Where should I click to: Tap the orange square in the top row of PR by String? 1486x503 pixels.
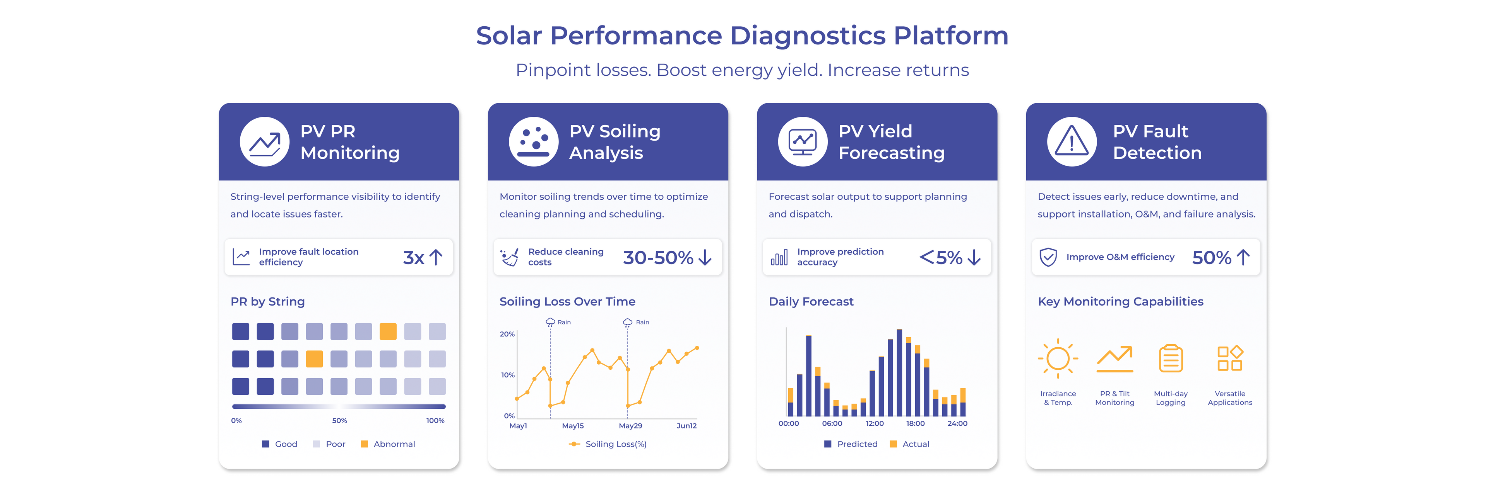388,331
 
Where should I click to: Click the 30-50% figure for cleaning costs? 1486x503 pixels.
657,258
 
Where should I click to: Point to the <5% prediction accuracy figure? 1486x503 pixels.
940,258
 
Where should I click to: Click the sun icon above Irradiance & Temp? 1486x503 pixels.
1058,359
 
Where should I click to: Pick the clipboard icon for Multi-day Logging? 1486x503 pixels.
1171,359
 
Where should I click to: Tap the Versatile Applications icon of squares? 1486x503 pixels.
1230,359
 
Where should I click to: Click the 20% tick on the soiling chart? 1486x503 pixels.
507,334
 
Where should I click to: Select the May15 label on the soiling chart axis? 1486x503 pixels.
573,426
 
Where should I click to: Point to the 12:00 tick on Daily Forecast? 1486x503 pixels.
875,423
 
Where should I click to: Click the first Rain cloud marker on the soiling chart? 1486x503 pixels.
550,322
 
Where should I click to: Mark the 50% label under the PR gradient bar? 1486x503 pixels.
339,421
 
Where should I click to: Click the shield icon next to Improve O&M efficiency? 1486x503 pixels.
1048,257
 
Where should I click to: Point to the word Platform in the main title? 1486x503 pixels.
951,36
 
